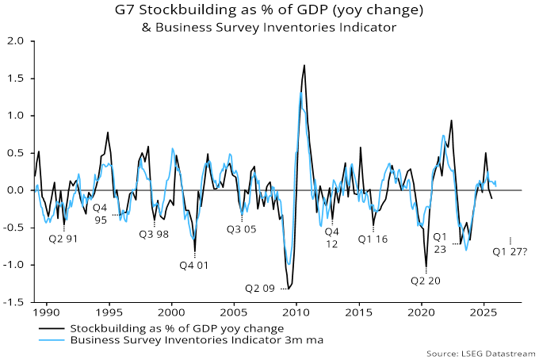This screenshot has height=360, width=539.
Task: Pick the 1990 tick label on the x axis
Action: pyautogui.click(x=46, y=313)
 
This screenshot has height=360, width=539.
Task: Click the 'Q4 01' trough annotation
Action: pyautogui.click(x=193, y=265)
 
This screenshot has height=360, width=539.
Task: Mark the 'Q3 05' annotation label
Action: pyautogui.click(x=243, y=229)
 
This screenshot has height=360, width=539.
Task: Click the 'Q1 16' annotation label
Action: pyautogui.click(x=373, y=238)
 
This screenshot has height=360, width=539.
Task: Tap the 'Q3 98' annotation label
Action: pyautogui.click(x=155, y=234)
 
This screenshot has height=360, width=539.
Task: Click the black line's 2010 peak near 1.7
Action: pyautogui.click(x=304, y=65)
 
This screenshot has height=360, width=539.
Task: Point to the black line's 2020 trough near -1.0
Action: pyautogui.click(x=426, y=266)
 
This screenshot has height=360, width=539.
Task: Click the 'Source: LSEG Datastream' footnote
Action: pyautogui.click(x=482, y=352)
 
